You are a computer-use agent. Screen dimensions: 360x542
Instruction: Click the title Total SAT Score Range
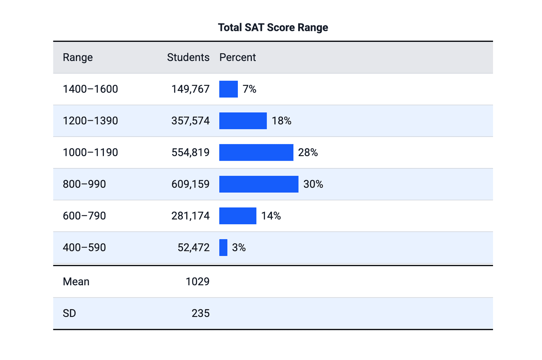(x=273, y=27)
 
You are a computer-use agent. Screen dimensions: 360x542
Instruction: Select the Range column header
(x=78, y=57)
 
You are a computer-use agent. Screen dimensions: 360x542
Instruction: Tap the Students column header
(x=188, y=57)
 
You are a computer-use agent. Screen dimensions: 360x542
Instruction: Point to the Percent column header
(x=238, y=57)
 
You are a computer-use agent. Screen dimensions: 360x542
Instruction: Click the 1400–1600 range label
(x=90, y=89)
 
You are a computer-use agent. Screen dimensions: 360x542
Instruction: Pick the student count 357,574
(x=191, y=121)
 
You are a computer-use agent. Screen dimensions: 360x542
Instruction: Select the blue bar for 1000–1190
(x=256, y=152)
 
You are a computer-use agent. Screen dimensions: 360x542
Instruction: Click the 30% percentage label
(x=313, y=184)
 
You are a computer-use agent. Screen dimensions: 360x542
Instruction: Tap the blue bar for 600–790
(x=238, y=216)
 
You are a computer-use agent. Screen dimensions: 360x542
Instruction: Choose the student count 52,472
(x=194, y=247)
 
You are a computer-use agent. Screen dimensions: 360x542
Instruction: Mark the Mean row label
(x=76, y=282)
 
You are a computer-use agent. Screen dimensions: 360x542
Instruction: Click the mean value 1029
(x=198, y=282)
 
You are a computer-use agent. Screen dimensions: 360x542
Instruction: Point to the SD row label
(x=69, y=313)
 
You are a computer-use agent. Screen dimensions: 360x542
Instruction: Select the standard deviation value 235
(x=201, y=313)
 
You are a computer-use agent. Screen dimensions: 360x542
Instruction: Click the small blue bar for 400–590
(x=223, y=247)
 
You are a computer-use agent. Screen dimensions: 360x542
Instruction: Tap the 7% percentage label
(x=250, y=89)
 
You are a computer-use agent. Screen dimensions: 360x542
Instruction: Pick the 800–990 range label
(x=84, y=184)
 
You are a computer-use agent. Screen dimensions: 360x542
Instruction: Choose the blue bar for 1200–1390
(x=243, y=121)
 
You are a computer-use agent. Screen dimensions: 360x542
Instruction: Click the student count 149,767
(x=191, y=89)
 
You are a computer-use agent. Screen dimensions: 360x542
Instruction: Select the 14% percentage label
(x=271, y=216)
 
